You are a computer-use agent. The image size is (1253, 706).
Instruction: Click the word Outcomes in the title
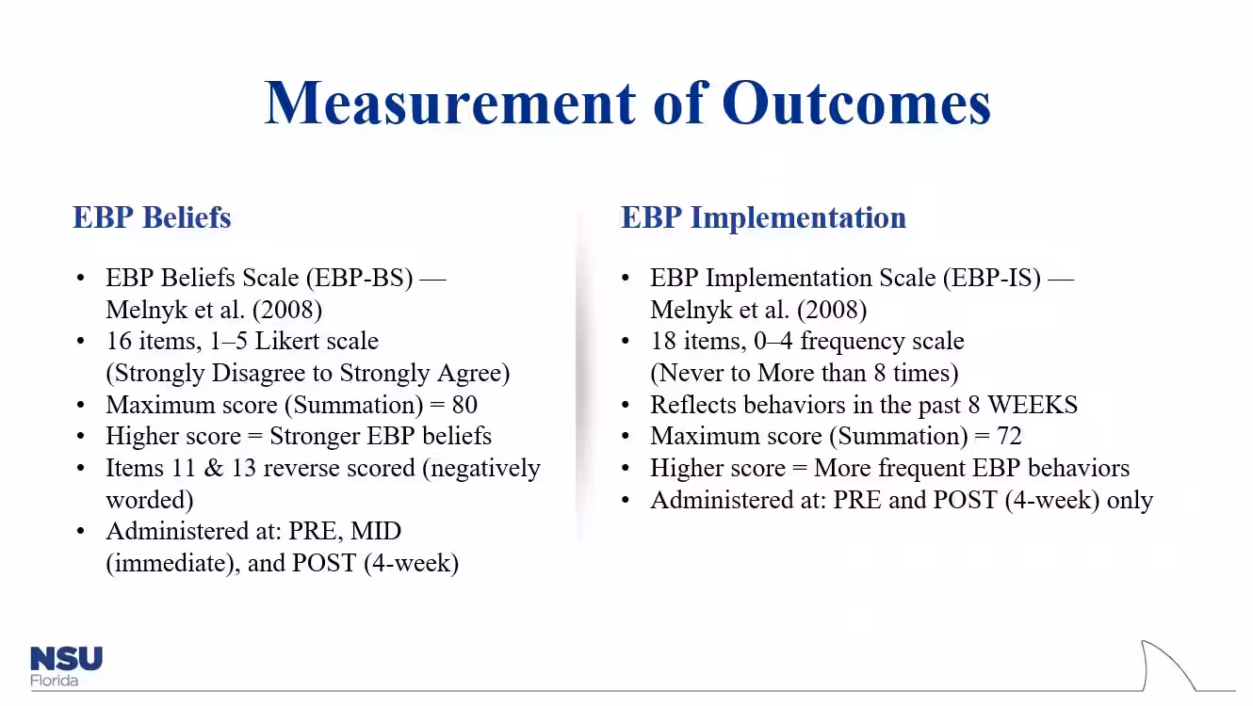pos(855,104)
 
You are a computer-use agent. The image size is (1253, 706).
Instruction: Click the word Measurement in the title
pos(449,104)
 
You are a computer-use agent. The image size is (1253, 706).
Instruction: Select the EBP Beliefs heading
pos(152,217)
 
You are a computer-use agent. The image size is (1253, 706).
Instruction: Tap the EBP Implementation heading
pos(763,218)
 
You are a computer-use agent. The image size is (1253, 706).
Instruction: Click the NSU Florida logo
pos(66,666)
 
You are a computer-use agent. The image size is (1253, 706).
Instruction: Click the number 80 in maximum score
pos(464,405)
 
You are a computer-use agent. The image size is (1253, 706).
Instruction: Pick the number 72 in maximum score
pos(1009,436)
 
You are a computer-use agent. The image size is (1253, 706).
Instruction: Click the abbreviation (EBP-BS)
pos(360,278)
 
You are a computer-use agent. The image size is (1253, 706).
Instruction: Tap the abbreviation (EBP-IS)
pos(992,278)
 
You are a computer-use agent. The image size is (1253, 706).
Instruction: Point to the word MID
pos(376,531)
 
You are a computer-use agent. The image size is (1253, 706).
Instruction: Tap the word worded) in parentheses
pos(150,500)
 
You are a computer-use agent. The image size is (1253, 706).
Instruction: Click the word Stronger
pos(315,437)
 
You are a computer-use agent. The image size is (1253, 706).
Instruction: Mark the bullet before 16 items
pos(81,341)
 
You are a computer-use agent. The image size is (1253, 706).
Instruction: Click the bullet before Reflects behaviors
pos(626,405)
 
